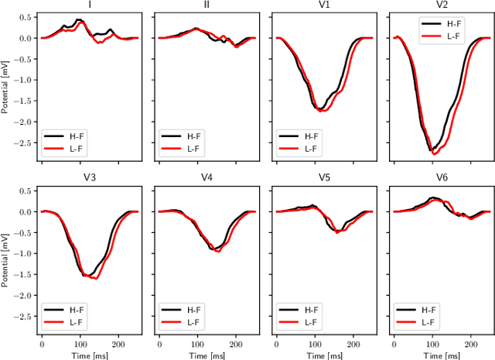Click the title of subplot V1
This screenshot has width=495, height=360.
click(x=322, y=5)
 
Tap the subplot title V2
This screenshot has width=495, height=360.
click(x=439, y=5)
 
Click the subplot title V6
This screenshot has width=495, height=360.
click(x=439, y=178)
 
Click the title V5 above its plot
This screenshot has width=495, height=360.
click(x=322, y=178)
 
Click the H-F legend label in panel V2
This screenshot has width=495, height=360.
click(x=456, y=23)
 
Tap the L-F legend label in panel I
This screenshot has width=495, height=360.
click(x=79, y=149)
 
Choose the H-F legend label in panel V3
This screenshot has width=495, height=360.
click(x=79, y=310)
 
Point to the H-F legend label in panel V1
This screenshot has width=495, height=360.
click(x=312, y=137)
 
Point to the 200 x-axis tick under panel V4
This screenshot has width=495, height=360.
click(x=235, y=341)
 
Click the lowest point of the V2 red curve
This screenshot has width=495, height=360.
click(x=435, y=154)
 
